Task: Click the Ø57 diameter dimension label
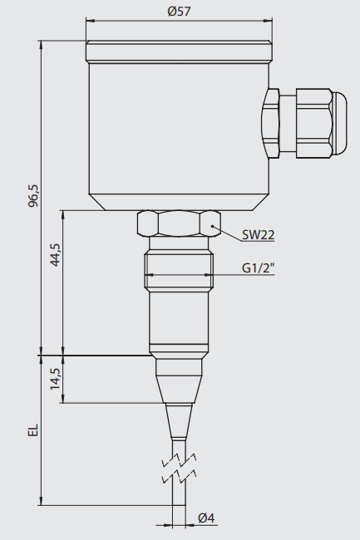[179, 12]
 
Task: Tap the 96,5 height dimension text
[34, 196]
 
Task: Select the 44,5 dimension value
[55, 255]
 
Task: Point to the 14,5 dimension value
[55, 379]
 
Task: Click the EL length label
[33, 430]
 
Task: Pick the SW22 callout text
[258, 235]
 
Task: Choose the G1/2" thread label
[259, 268]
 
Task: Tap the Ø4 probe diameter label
[206, 518]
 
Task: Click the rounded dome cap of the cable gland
[340, 124]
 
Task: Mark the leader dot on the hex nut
[213, 227]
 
